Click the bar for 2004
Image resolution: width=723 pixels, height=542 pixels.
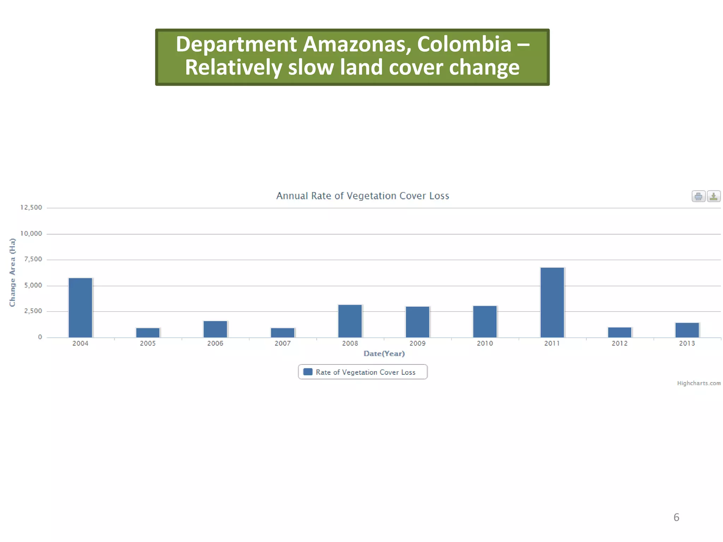80,307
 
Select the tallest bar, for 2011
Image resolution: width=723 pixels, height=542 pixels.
552,302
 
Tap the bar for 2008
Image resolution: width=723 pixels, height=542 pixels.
350,321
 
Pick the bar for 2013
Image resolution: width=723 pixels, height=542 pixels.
687,330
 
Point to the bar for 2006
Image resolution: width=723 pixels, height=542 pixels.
215,329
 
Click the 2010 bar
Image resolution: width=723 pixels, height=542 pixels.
485,321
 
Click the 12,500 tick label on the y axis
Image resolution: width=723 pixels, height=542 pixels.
31,207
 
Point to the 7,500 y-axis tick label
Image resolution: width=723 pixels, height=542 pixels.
33,259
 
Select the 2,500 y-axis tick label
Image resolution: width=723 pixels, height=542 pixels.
33,311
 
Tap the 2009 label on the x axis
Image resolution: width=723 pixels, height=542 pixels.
417,343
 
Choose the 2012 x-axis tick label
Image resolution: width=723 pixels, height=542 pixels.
620,343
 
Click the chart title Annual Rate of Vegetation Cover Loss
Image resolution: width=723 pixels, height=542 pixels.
363,196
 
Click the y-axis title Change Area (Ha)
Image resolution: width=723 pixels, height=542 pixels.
13,272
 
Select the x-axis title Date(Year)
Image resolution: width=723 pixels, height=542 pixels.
384,354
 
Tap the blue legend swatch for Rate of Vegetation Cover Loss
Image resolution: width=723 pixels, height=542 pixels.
308,372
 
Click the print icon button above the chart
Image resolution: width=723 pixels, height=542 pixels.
698,196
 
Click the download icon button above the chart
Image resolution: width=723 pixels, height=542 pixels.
713,196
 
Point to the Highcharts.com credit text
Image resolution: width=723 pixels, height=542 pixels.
699,383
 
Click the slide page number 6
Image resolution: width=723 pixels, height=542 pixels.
676,517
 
